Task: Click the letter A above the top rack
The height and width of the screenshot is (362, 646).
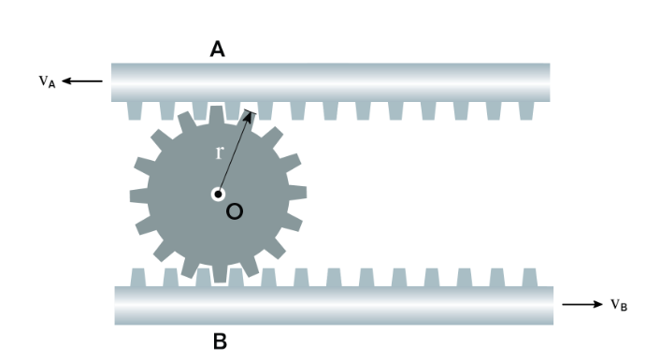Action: pos(217,49)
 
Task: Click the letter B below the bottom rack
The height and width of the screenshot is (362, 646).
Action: pos(220,341)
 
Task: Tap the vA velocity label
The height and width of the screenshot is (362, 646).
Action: pos(47,81)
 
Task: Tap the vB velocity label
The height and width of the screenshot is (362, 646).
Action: pos(619,305)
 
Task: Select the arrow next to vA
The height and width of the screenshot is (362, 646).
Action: pos(82,81)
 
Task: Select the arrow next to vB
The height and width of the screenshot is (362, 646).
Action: pos(582,304)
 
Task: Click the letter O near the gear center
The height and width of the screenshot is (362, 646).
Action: pos(235,211)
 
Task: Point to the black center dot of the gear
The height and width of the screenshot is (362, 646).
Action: pos(219,195)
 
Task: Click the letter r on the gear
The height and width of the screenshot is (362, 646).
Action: pos(219,152)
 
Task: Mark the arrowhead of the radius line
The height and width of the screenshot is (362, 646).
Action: pos(248,116)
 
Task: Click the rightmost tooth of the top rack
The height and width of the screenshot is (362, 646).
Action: pos(526,110)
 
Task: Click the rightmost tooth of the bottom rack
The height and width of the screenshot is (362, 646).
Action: pos(529,278)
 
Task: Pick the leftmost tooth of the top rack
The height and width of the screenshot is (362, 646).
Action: pos(135,110)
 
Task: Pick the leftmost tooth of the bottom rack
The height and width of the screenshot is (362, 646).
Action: pos(138,278)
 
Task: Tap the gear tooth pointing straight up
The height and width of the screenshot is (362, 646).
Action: pos(216,114)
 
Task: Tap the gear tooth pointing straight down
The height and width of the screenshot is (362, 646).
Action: pos(220,274)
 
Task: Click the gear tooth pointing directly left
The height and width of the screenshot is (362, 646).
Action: pos(139,196)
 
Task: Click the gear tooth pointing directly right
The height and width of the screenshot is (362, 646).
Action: pos(297,193)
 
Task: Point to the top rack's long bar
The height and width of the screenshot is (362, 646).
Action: pos(330,82)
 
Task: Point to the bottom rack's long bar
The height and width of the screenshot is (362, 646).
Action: pos(334,306)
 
